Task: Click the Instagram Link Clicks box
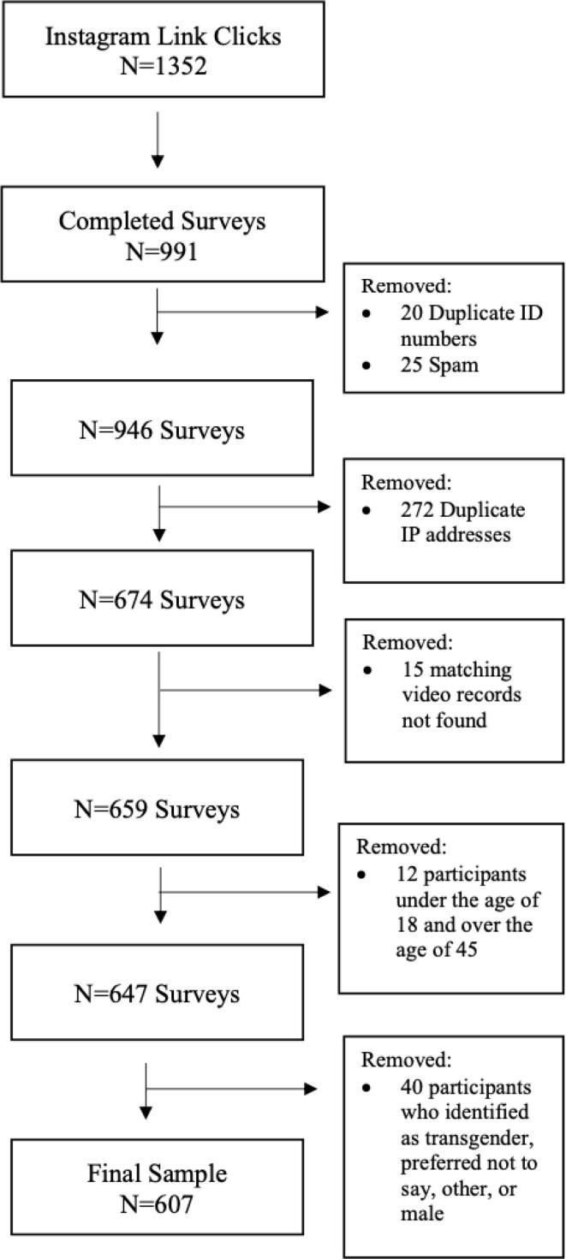[x=163, y=49]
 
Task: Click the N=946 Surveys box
[x=163, y=428]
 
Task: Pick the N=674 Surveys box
[x=163, y=598]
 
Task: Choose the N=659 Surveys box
[x=163, y=807]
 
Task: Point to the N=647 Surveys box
[x=163, y=993]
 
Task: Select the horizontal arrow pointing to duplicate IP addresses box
[x=245, y=507]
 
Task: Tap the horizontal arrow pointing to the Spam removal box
[x=245, y=312]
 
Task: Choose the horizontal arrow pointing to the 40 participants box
[x=231, y=1090]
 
